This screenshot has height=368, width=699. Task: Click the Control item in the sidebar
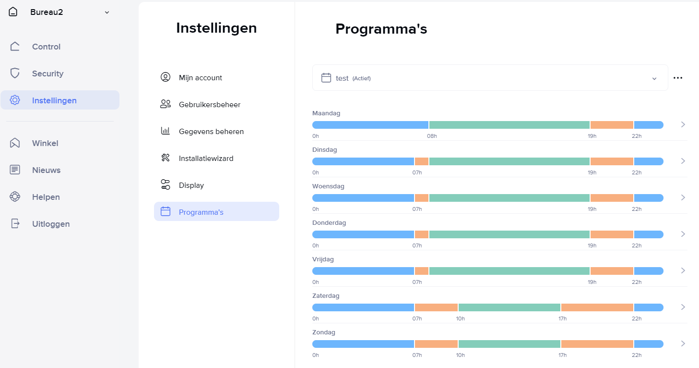tap(46, 47)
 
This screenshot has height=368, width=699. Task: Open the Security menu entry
tap(47, 74)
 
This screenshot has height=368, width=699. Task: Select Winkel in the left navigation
tap(45, 143)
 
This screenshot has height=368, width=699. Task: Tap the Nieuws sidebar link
tap(46, 170)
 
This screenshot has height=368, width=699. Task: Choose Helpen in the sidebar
tap(46, 197)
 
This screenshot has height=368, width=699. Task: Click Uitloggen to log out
tap(50, 224)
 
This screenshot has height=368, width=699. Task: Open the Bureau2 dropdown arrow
tap(107, 12)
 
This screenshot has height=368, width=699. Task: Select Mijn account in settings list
tap(200, 78)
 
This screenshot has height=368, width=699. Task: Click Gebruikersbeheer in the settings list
tap(209, 105)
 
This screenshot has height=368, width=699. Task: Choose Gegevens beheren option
tap(211, 132)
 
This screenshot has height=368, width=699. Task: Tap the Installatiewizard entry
tap(206, 159)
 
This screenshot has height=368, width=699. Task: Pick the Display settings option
tap(191, 185)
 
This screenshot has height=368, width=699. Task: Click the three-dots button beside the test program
tap(677, 78)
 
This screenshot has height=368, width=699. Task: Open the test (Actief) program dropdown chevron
tap(654, 78)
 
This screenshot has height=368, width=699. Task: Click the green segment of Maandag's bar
tap(509, 125)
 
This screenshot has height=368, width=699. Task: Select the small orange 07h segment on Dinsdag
tap(422, 161)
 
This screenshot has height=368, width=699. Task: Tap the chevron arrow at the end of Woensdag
tap(683, 197)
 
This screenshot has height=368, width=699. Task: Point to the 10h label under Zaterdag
tap(460, 319)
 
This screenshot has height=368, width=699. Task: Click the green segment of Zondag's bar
tap(509, 344)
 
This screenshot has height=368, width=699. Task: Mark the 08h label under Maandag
tap(432, 136)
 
